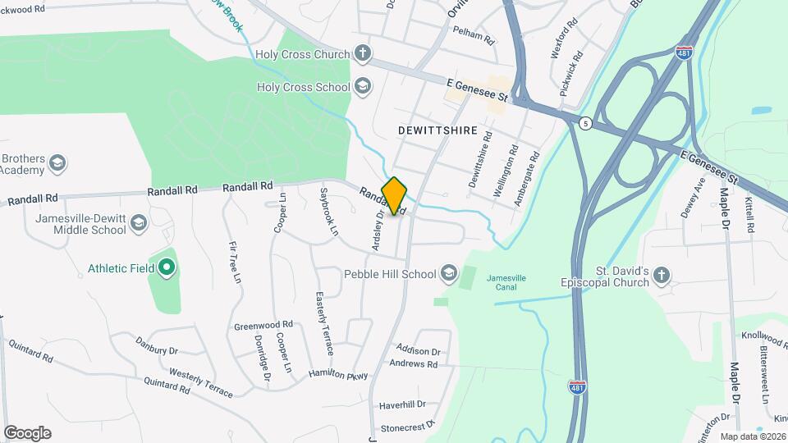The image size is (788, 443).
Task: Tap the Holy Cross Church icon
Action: (362, 55)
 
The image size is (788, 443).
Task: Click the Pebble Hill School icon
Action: (448, 273)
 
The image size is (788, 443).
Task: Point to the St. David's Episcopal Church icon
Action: (662, 276)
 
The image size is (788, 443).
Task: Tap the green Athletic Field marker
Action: (167, 267)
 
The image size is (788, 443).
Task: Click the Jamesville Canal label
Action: (506, 282)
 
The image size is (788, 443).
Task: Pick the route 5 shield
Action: (584, 123)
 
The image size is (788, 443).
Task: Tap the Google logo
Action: (27, 432)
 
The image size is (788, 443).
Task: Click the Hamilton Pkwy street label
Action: (338, 374)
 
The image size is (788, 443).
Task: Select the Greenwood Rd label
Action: (263, 326)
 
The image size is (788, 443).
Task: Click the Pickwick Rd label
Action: (570, 75)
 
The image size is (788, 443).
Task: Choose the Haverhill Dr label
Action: (402, 404)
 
